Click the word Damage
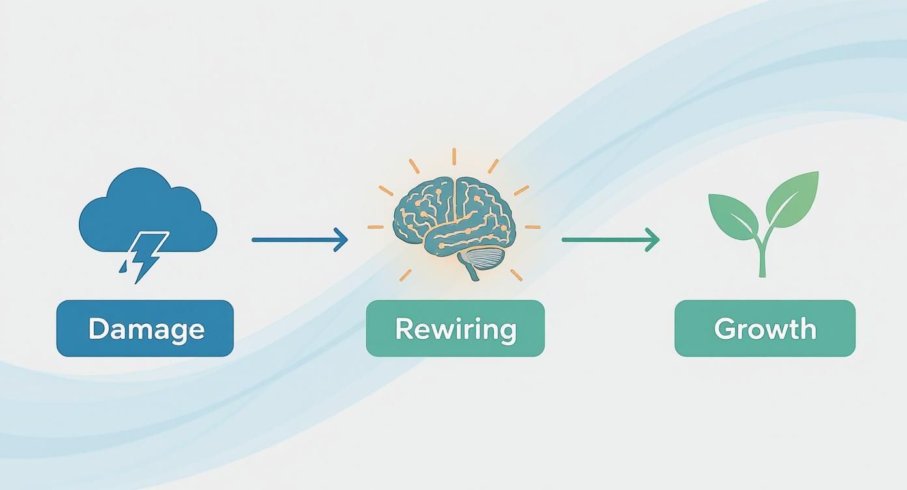(x=146, y=328)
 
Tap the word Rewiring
(x=455, y=328)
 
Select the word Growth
(x=765, y=328)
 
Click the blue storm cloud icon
(x=147, y=209)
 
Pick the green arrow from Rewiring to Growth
(x=609, y=240)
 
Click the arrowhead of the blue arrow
(x=341, y=240)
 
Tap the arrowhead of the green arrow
(x=653, y=240)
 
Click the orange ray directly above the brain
(x=454, y=157)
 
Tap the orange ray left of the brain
(x=376, y=227)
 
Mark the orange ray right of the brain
(x=532, y=227)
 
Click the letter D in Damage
(x=97, y=328)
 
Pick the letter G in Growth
(x=725, y=328)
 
